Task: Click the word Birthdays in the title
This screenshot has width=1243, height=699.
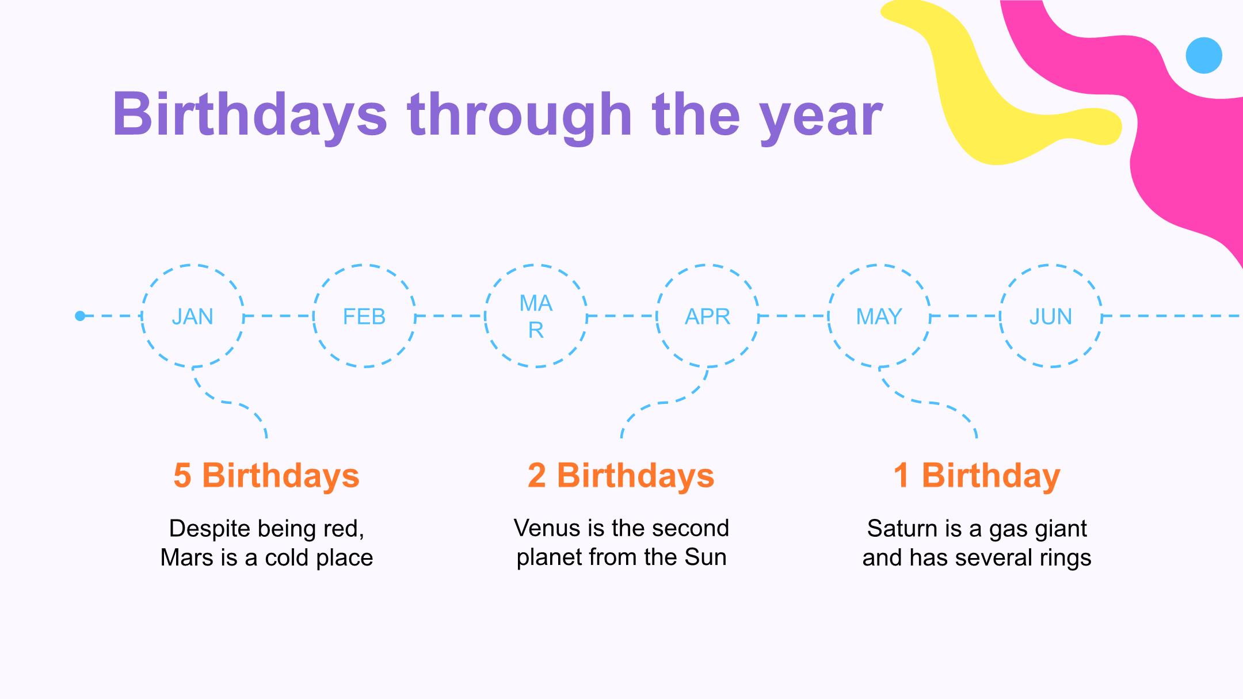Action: [250, 115]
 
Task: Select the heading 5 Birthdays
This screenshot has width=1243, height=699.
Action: [266, 476]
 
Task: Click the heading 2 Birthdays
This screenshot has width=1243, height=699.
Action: [621, 476]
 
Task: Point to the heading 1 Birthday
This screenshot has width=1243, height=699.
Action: [977, 476]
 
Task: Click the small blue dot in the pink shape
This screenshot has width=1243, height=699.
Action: [1204, 55]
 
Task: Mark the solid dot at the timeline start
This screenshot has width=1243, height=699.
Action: [80, 316]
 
